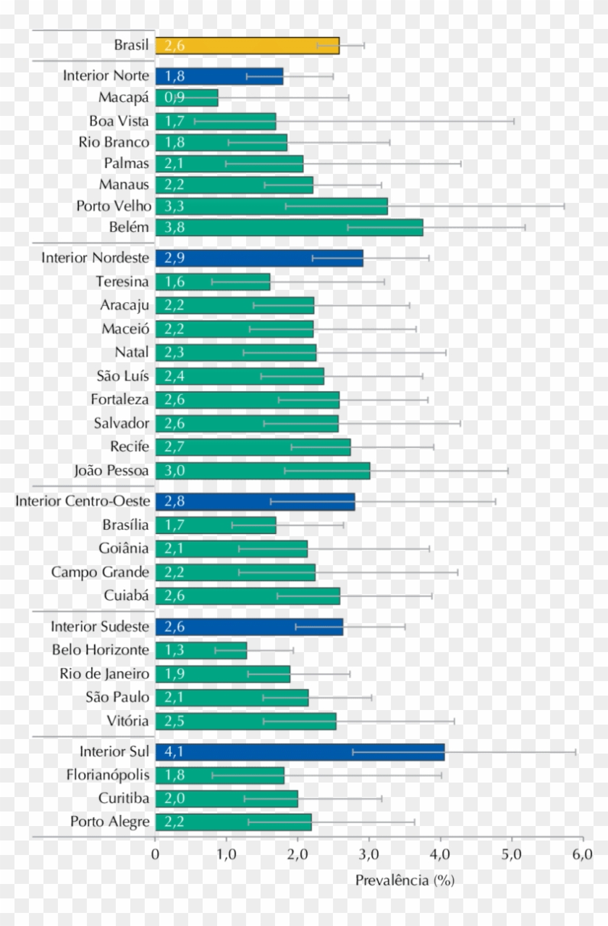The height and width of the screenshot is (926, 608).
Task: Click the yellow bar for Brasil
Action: (247, 46)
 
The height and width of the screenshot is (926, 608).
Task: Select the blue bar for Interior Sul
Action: (300, 752)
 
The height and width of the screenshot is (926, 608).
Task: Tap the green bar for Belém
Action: (289, 228)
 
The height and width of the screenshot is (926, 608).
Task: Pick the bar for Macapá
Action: (187, 97)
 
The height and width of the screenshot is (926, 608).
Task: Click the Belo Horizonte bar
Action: (201, 650)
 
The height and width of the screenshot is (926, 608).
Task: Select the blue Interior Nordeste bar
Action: (259, 258)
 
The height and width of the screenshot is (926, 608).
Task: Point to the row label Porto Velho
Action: (114, 205)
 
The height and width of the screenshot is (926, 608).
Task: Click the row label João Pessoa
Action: (111, 470)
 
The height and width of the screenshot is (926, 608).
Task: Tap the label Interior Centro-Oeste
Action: (83, 501)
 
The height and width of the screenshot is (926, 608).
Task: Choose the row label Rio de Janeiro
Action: (104, 674)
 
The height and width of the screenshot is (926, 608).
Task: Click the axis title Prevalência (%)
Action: (404, 880)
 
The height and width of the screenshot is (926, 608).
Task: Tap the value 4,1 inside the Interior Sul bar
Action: (174, 752)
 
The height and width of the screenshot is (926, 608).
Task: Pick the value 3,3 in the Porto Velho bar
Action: (174, 206)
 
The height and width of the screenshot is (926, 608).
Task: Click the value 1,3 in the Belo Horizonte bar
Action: (174, 650)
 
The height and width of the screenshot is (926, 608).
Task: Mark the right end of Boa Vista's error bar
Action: (514, 121)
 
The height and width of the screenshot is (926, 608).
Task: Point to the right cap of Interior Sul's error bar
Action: (575, 752)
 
